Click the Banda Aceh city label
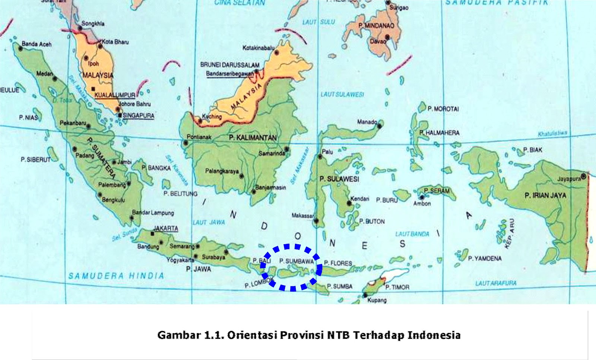point(37,44)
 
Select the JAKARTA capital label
point(166,229)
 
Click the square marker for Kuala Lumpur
point(93,89)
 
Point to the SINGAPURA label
point(138,116)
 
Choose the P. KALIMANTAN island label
point(253,138)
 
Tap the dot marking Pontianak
point(186,143)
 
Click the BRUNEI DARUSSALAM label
point(230,65)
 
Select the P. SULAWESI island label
point(339,179)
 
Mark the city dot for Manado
point(379,126)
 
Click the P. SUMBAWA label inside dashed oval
point(297,261)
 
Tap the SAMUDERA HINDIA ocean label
point(116,276)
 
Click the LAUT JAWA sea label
point(209,223)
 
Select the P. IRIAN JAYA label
point(545,195)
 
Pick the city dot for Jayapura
point(583,176)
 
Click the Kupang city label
point(377,300)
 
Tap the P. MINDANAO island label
point(376,26)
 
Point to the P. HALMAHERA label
point(440,133)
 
